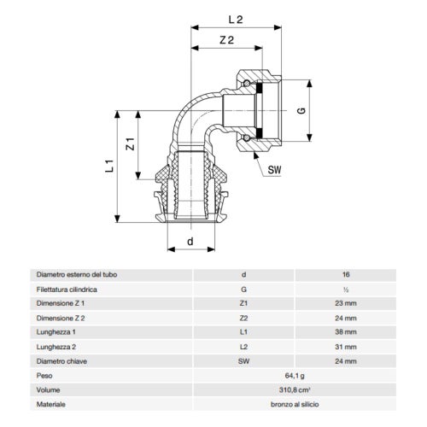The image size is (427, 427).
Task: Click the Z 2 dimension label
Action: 225,39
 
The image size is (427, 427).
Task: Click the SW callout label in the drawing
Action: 275,169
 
